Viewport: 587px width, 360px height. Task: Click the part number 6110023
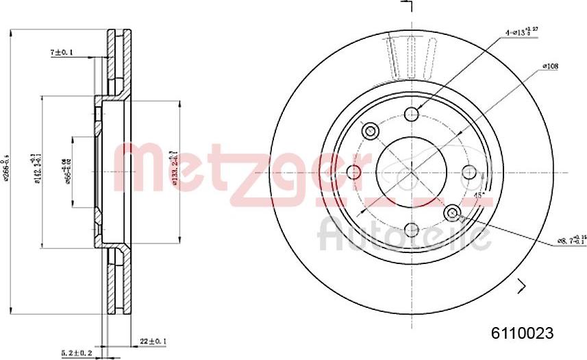pos(521,333)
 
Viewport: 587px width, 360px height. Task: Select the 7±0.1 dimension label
pos(62,52)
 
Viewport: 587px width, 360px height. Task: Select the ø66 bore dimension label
pos(67,171)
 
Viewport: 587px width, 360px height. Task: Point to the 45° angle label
pos(480,195)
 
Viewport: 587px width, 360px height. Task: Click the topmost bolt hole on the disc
pos(412,114)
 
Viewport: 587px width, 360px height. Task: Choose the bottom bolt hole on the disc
pos(411,230)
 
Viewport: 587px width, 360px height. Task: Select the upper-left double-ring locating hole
pos(371,130)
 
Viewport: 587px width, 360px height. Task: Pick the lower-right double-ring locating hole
pos(452,214)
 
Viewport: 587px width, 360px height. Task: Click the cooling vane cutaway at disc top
pos(411,58)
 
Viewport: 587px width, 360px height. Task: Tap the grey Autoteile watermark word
pos(404,235)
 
